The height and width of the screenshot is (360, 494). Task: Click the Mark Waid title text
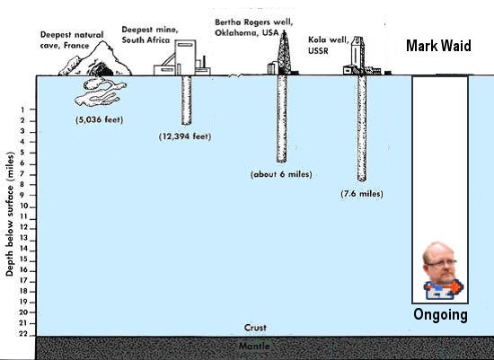[438, 46]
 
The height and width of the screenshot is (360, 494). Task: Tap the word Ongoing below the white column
[440, 314]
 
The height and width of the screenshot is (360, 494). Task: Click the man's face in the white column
[439, 263]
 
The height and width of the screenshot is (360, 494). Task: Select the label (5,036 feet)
[99, 119]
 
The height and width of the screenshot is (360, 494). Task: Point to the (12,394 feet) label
[185, 136]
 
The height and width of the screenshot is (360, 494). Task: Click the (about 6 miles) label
[281, 174]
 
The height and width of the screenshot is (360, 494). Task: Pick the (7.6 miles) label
[362, 193]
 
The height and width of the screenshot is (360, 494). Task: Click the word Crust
[255, 328]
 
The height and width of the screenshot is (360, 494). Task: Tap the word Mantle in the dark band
[254, 347]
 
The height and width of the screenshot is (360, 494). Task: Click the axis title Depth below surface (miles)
[10, 215]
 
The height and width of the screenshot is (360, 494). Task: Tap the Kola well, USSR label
[328, 45]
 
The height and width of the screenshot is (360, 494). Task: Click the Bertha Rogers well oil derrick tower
[284, 53]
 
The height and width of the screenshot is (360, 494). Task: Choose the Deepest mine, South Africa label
[150, 35]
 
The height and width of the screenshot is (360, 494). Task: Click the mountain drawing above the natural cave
[95, 59]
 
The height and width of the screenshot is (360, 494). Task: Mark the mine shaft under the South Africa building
[186, 101]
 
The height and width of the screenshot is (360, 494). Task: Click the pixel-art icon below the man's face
[444, 289]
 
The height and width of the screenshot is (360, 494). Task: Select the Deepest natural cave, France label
[72, 40]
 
